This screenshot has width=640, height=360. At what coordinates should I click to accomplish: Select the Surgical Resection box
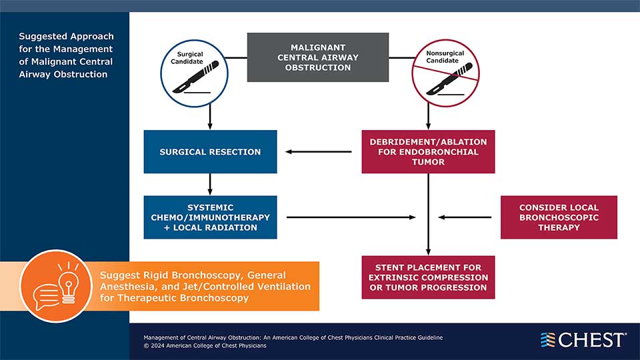tap(210, 152)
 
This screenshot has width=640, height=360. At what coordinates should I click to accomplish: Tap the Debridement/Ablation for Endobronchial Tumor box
tap(428, 152)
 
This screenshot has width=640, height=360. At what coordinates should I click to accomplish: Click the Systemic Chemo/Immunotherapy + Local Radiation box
tap(210, 217)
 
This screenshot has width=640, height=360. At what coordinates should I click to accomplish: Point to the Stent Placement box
tap(428, 277)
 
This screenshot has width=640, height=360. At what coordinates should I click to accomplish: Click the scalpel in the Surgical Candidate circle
tap(191, 79)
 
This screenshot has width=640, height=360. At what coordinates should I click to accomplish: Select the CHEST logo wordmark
tap(591, 340)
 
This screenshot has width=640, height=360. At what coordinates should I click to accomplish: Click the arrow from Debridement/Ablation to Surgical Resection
tap(319, 152)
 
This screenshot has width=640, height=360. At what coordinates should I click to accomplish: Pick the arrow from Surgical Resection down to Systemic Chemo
tap(210, 184)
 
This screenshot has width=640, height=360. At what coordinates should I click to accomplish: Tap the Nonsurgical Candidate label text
tap(443, 57)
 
